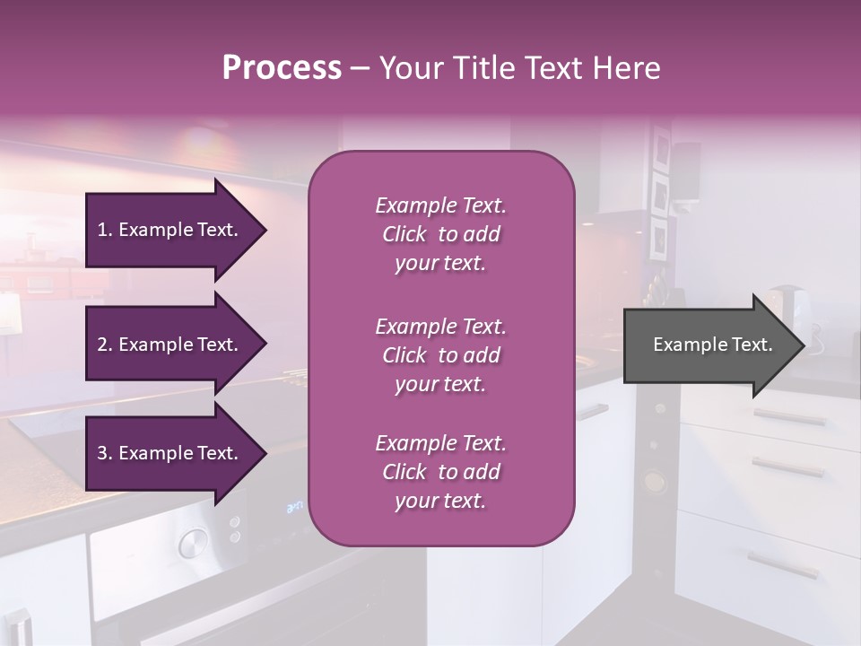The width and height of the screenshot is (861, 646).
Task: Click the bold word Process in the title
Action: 282,68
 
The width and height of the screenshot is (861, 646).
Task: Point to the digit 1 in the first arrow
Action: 101,230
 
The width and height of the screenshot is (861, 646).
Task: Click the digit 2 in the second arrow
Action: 101,345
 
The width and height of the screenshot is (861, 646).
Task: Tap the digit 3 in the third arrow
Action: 101,453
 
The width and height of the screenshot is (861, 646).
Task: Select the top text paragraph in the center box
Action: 440,234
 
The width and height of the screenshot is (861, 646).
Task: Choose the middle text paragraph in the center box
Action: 440,355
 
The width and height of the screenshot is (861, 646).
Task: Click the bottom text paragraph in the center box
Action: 440,472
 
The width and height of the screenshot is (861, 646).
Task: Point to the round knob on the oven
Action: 192,542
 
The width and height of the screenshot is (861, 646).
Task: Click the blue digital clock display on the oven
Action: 294,507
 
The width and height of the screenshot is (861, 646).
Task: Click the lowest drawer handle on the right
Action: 782,564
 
